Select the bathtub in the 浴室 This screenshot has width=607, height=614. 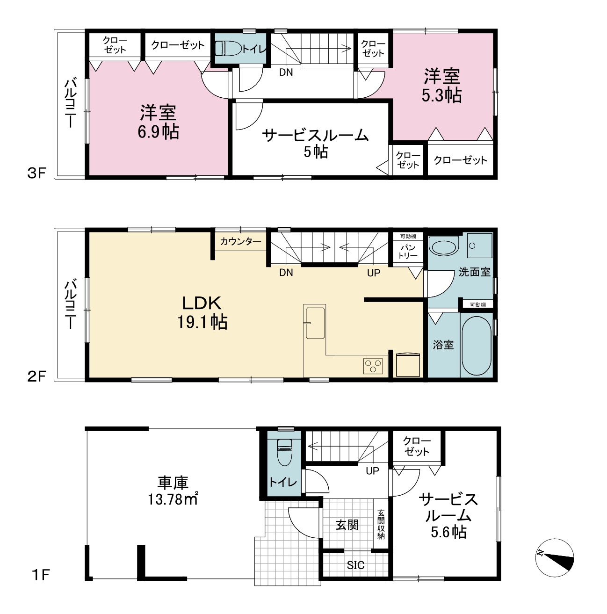click(477, 346)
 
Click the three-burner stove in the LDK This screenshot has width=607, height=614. click(373, 366)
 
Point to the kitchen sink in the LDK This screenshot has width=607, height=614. click(315, 323)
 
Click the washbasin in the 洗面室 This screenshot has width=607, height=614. click(443, 247)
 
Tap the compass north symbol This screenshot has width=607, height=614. click(555, 557)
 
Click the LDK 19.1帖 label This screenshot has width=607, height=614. click(202, 312)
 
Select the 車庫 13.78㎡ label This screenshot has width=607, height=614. click(173, 491)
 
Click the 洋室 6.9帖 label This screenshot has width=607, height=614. click(158, 122)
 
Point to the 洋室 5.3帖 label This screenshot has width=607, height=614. click(441, 86)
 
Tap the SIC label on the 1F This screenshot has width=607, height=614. click(355, 565)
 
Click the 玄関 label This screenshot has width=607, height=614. click(347, 525)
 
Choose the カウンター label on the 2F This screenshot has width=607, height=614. click(240, 241)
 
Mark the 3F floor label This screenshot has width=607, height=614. click(37, 173)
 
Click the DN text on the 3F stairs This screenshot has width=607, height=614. click(286, 72)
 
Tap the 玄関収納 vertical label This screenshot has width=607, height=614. click(381, 525)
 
